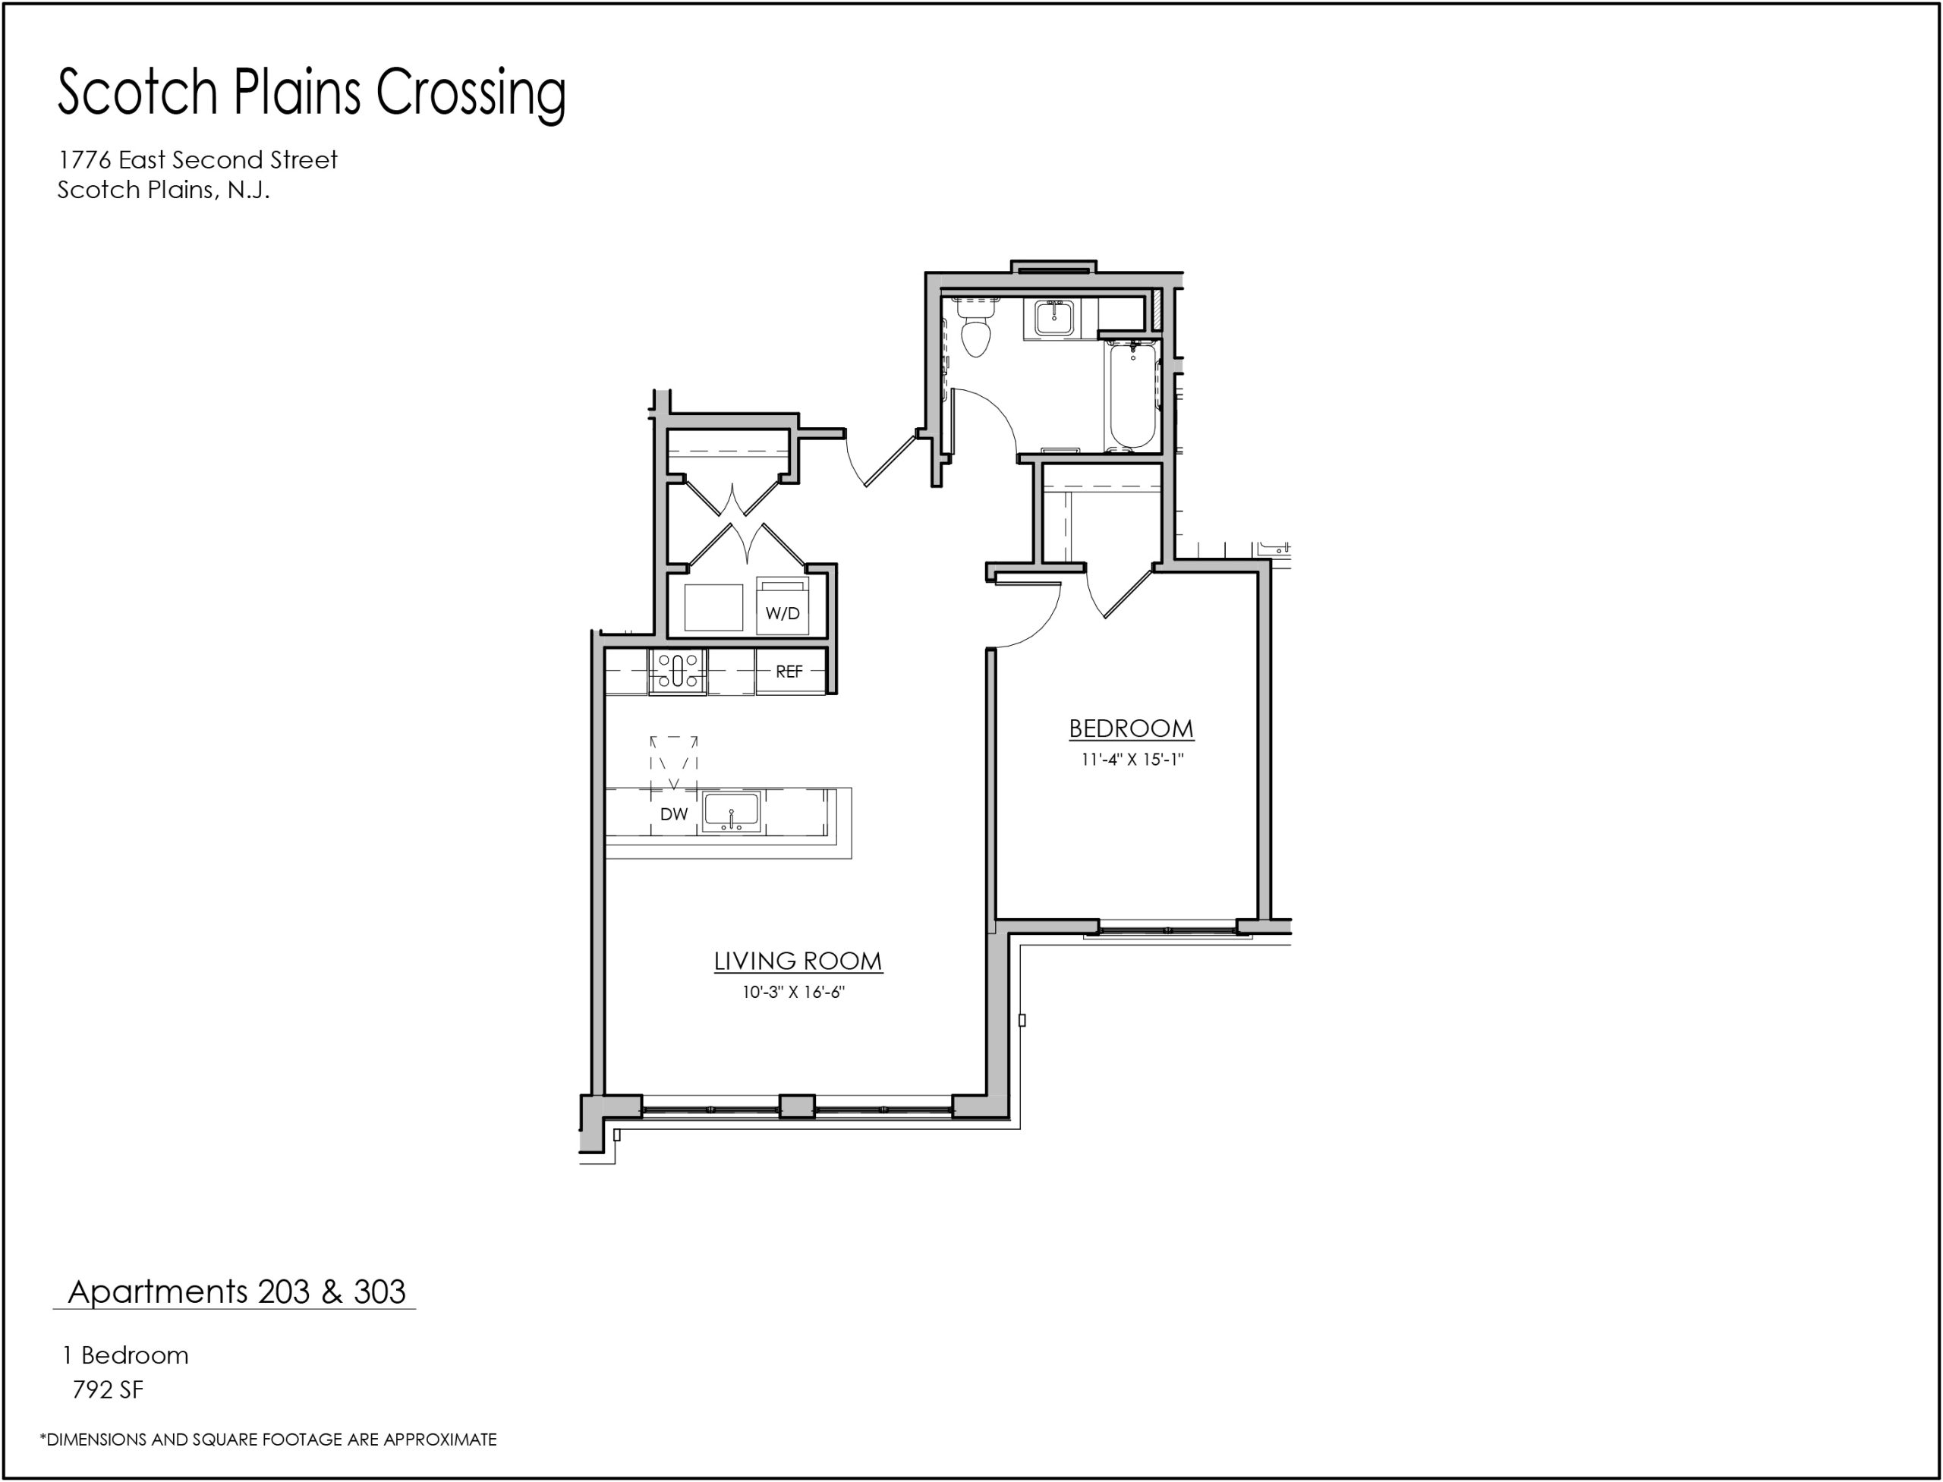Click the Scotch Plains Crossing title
coord(311,93)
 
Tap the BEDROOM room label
coord(1131,728)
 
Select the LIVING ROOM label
coord(798,961)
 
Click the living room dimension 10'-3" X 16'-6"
coord(793,993)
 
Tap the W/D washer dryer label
coord(783,613)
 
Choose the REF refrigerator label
coord(789,672)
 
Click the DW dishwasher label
coord(673,814)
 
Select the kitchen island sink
coord(731,813)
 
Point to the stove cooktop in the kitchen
coord(678,672)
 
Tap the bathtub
coord(1132,395)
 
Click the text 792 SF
coord(108,1389)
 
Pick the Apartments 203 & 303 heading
coord(237,1292)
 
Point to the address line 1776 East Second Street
coord(197,159)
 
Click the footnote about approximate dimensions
coord(268,1439)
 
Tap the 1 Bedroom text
coord(125,1355)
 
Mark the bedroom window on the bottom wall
coord(1167,930)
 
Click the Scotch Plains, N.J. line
coord(163,190)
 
